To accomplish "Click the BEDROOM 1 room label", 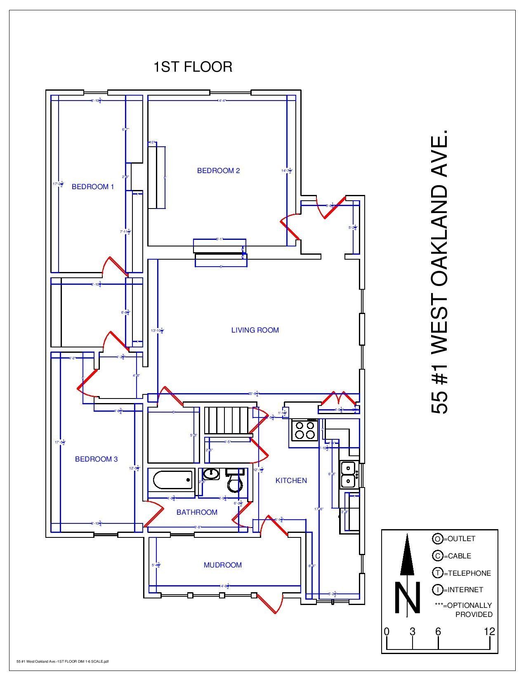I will [93, 187].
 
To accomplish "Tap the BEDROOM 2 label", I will [218, 171].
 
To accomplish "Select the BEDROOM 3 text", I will [97, 459].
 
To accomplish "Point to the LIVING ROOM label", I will [255, 330].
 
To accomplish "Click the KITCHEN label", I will [291, 481].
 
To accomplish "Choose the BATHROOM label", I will [197, 512].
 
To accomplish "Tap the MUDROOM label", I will [223, 565].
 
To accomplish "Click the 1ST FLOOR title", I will [193, 67].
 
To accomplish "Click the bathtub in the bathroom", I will [172, 480].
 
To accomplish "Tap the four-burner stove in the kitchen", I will [304, 430].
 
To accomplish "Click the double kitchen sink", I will [348, 474].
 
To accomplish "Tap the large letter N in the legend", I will [407, 598].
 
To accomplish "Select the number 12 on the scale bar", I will [489, 632].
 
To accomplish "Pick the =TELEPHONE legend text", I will [467, 573].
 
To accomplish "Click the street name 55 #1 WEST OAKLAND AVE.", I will [439, 272].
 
